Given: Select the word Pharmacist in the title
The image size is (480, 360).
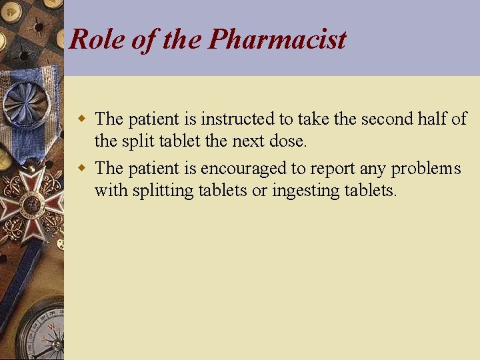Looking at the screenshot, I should pyautogui.click(x=277, y=39).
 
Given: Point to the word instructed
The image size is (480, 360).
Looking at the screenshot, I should pyautogui.click(x=239, y=119).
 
